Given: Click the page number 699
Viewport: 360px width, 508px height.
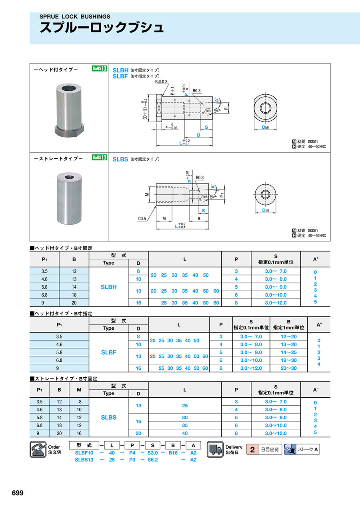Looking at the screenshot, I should (x=18, y=493).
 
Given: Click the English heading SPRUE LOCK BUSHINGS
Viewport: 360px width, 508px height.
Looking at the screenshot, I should (x=74, y=17).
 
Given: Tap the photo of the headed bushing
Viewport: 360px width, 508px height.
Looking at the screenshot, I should (x=69, y=110).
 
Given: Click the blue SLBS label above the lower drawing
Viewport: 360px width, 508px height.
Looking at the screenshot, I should (x=120, y=159).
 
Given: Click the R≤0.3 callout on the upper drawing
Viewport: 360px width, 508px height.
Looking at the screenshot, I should (x=162, y=82).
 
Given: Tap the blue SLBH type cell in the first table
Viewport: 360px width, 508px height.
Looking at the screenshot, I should (x=109, y=287).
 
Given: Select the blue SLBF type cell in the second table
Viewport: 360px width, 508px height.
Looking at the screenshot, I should (x=109, y=352).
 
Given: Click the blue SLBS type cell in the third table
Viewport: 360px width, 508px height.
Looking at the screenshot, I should (x=109, y=417).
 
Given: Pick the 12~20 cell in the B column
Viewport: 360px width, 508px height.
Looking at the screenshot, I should (x=288, y=337).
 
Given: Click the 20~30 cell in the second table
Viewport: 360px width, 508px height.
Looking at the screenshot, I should (x=288, y=368).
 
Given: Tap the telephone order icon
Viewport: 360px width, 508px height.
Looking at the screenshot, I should (x=38, y=449).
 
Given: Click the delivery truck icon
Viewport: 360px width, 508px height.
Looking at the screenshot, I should (x=215, y=449).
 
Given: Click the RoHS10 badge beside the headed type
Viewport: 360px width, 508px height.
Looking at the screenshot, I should (x=99, y=69).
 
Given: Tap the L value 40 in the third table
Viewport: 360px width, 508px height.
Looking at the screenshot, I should (x=185, y=433).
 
